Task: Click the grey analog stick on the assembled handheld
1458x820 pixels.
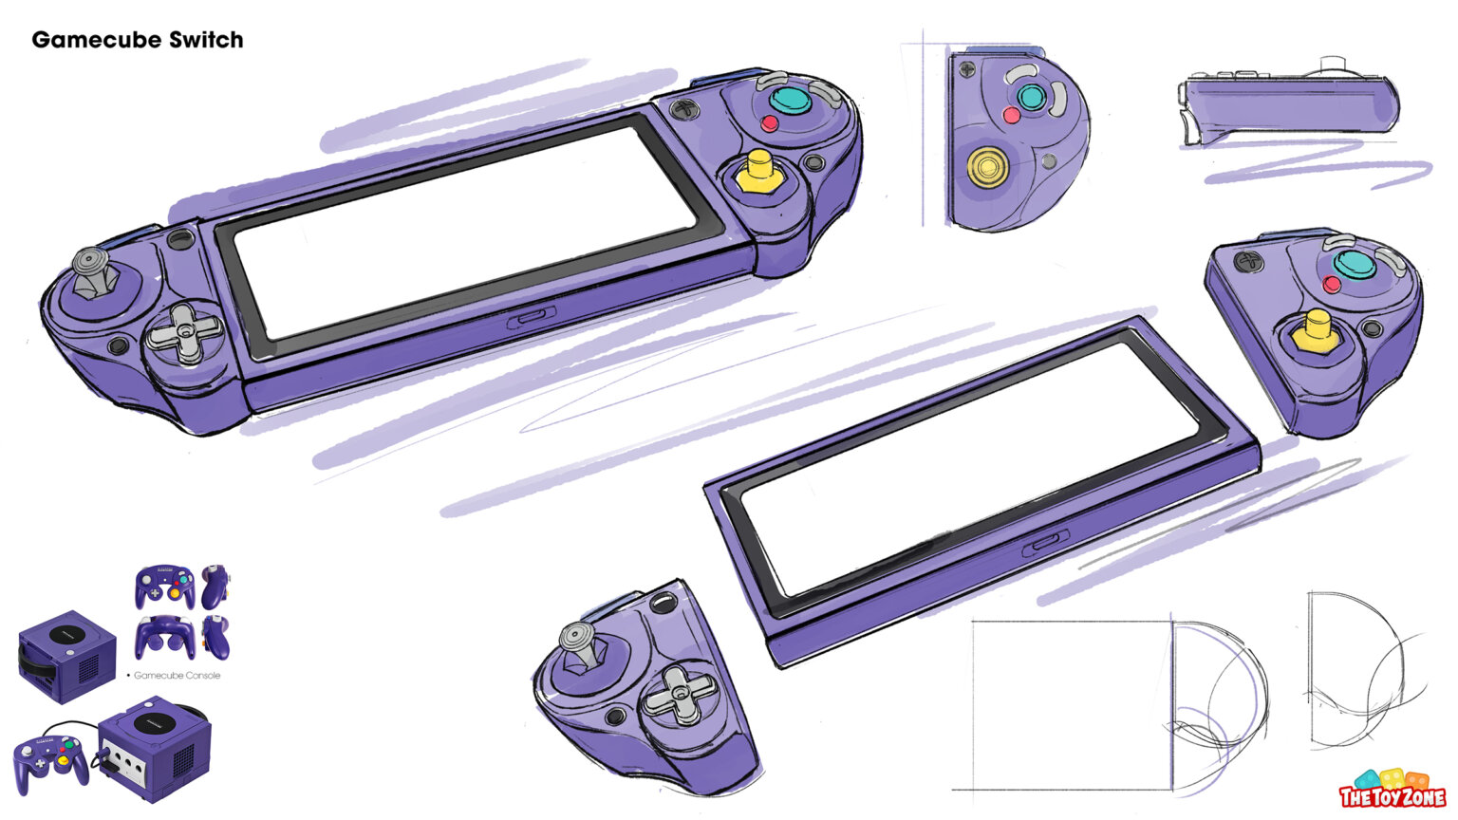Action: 93,271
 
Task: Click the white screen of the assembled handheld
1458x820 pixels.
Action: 465,226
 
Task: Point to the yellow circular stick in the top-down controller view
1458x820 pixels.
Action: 987,167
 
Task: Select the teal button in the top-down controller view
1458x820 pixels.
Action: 1031,96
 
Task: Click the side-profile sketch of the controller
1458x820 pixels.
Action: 1289,106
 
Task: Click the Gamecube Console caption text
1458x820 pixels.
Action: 177,676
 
